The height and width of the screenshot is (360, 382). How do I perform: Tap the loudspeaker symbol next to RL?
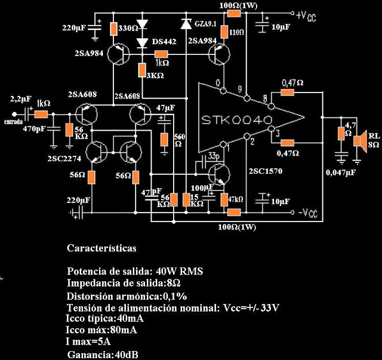tap(359, 141)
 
